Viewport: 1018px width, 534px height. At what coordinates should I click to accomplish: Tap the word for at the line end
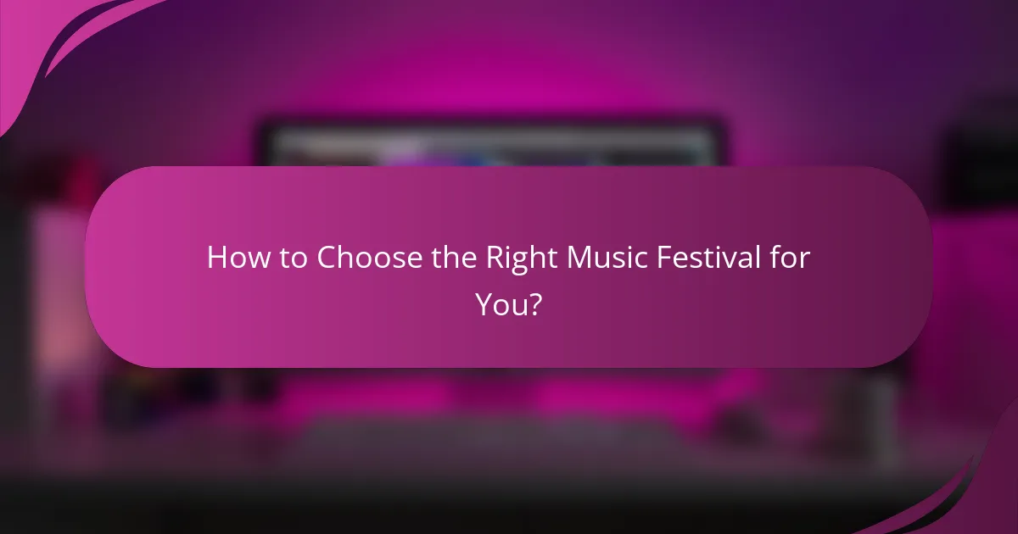(791, 257)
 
